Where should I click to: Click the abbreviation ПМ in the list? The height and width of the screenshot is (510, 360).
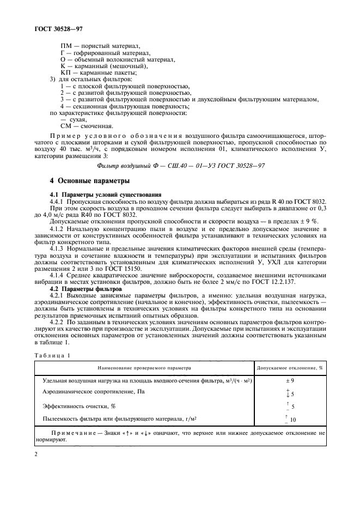(x=67, y=46)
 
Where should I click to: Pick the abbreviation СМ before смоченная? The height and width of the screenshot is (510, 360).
(x=67, y=126)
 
